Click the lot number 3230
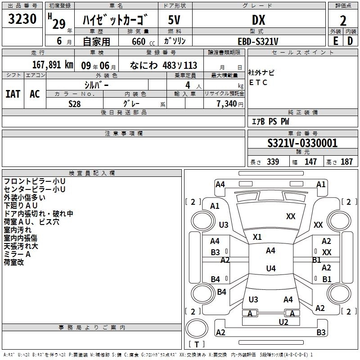[22, 19]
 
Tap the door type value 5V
[175, 20]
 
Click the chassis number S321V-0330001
[302, 143]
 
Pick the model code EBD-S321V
[258, 41]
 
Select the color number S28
[75, 103]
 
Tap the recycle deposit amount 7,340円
[229, 103]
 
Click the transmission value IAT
[13, 94]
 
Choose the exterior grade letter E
[335, 41]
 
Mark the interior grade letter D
[350, 41]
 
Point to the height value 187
[346, 162]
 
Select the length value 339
[273, 162]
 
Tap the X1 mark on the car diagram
[257, 237]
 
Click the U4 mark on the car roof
[270, 269]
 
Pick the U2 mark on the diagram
[283, 322]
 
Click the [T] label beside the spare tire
[196, 344]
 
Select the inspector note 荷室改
[14, 262]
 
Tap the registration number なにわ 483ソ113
[164, 65]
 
